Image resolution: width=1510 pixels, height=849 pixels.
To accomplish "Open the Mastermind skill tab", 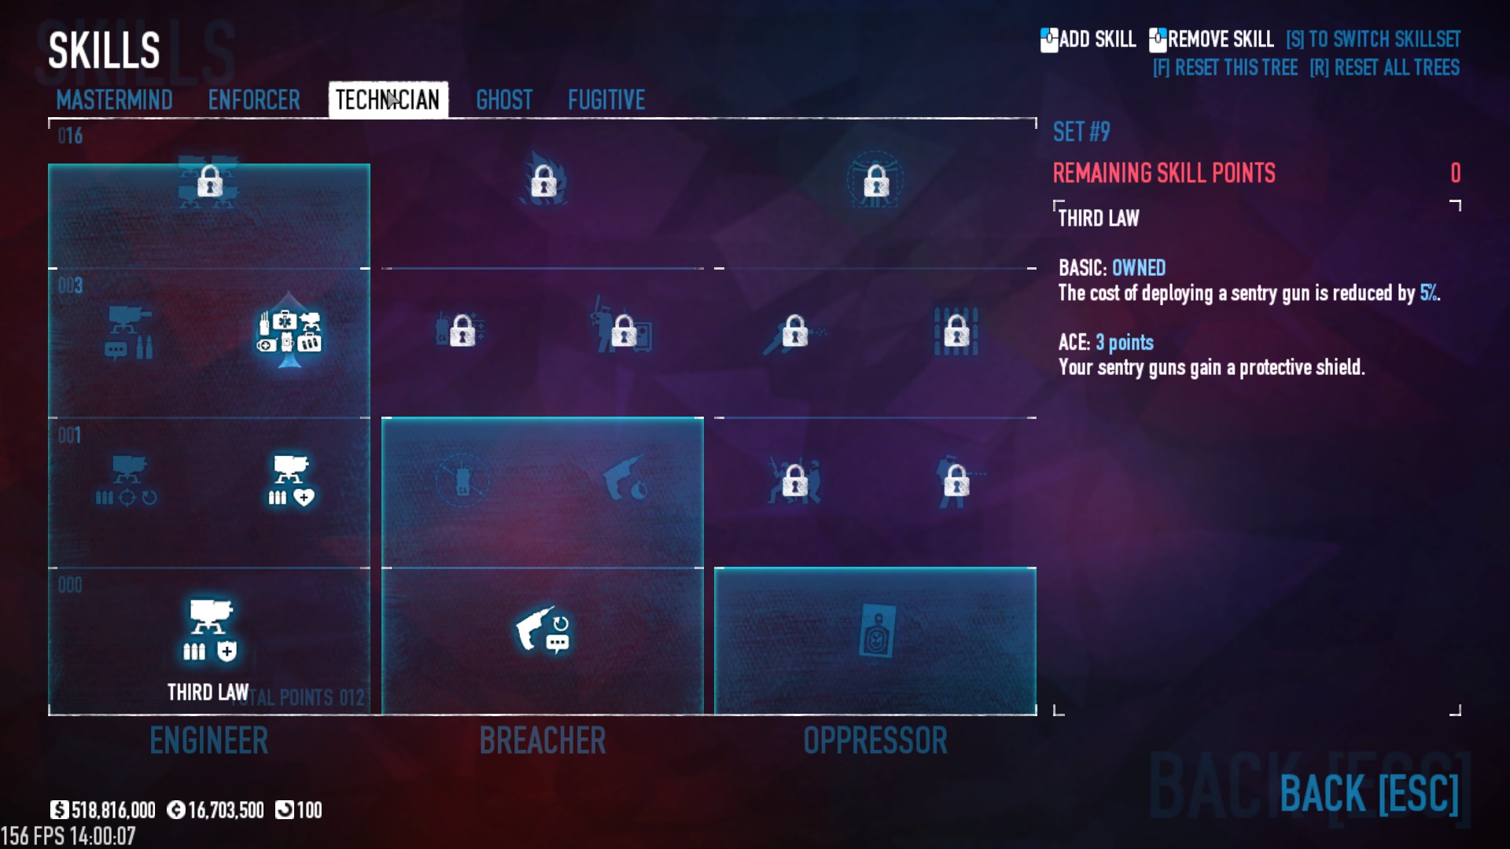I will pyautogui.click(x=114, y=100).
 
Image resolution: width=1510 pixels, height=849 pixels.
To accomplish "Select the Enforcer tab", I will pyautogui.click(x=253, y=100).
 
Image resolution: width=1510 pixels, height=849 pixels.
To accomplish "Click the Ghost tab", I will pyautogui.click(x=504, y=100).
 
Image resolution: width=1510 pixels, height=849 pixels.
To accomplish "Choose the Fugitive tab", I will pyautogui.click(x=606, y=100).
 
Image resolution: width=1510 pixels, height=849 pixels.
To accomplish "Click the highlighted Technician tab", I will pyautogui.click(x=388, y=100).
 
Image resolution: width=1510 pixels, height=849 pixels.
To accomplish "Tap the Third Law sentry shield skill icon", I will pyautogui.click(x=209, y=630).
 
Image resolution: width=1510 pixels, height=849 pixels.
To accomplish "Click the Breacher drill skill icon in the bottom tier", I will pyautogui.click(x=542, y=630).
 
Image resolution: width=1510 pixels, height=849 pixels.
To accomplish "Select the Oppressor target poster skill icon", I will pyautogui.click(x=876, y=630).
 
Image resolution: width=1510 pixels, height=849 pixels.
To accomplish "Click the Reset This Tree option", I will pyautogui.click(x=1225, y=68).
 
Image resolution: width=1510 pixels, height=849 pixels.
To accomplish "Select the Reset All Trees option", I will pyautogui.click(x=1384, y=68).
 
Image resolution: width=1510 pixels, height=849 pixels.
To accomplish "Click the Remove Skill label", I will pyautogui.click(x=1220, y=39).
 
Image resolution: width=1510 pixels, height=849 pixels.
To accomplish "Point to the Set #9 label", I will pyautogui.click(x=1081, y=132).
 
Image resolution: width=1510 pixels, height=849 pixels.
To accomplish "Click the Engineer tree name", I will pyautogui.click(x=208, y=741).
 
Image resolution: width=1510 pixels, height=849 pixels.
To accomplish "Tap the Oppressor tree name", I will pyautogui.click(x=875, y=741).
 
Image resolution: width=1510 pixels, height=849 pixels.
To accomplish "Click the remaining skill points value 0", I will pyautogui.click(x=1455, y=173).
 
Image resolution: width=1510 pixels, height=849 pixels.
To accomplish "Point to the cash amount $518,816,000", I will pyautogui.click(x=112, y=810).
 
